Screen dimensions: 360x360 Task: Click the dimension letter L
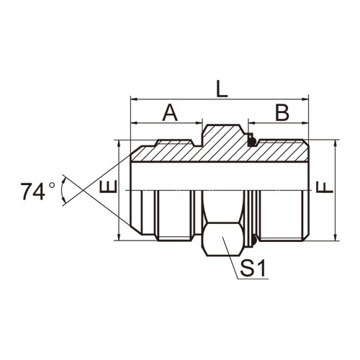click(222, 89)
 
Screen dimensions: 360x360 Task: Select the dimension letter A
click(170, 113)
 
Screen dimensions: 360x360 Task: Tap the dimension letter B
click(282, 113)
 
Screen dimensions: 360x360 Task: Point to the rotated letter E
click(108, 186)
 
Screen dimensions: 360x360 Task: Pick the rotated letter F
click(325, 187)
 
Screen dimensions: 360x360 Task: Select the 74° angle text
click(37, 192)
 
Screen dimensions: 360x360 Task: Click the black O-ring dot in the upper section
click(251, 142)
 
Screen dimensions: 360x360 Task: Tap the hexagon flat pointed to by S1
click(222, 239)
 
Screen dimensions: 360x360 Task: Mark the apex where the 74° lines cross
click(83, 190)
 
